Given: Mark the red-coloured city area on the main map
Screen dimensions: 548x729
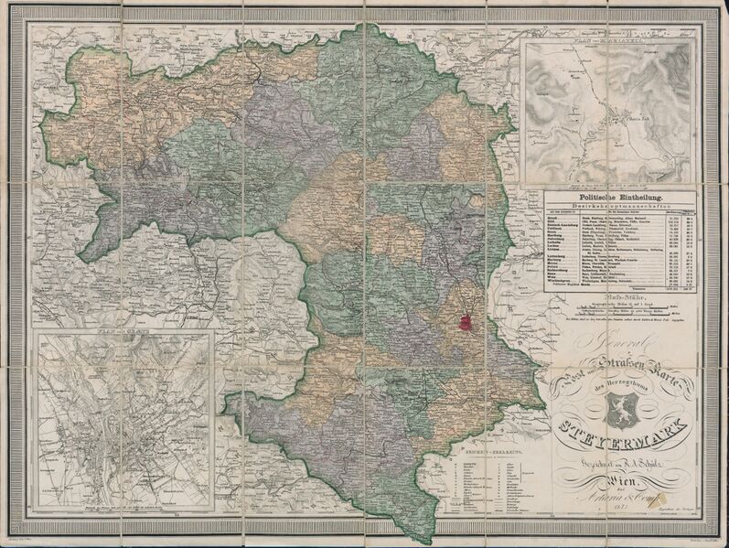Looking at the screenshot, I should tap(466, 322).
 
